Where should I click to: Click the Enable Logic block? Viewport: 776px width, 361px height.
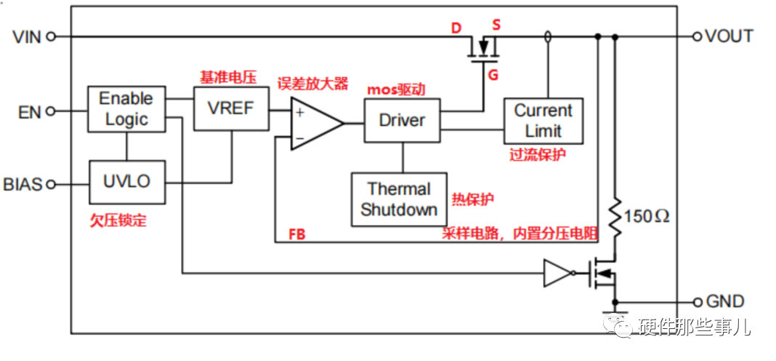(126, 109)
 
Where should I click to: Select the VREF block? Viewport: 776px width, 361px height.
(231, 108)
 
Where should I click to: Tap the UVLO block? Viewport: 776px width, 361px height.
(126, 181)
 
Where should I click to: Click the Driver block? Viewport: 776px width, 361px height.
(402, 120)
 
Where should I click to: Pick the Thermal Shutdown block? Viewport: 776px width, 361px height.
(399, 199)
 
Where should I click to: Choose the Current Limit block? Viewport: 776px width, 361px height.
(543, 121)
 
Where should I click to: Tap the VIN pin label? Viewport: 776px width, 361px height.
(28, 36)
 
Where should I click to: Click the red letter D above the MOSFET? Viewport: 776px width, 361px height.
(456, 28)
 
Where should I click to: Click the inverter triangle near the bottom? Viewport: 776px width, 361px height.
(556, 274)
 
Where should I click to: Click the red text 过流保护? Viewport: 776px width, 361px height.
(538, 154)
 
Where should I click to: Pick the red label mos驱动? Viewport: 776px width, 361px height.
(396, 90)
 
